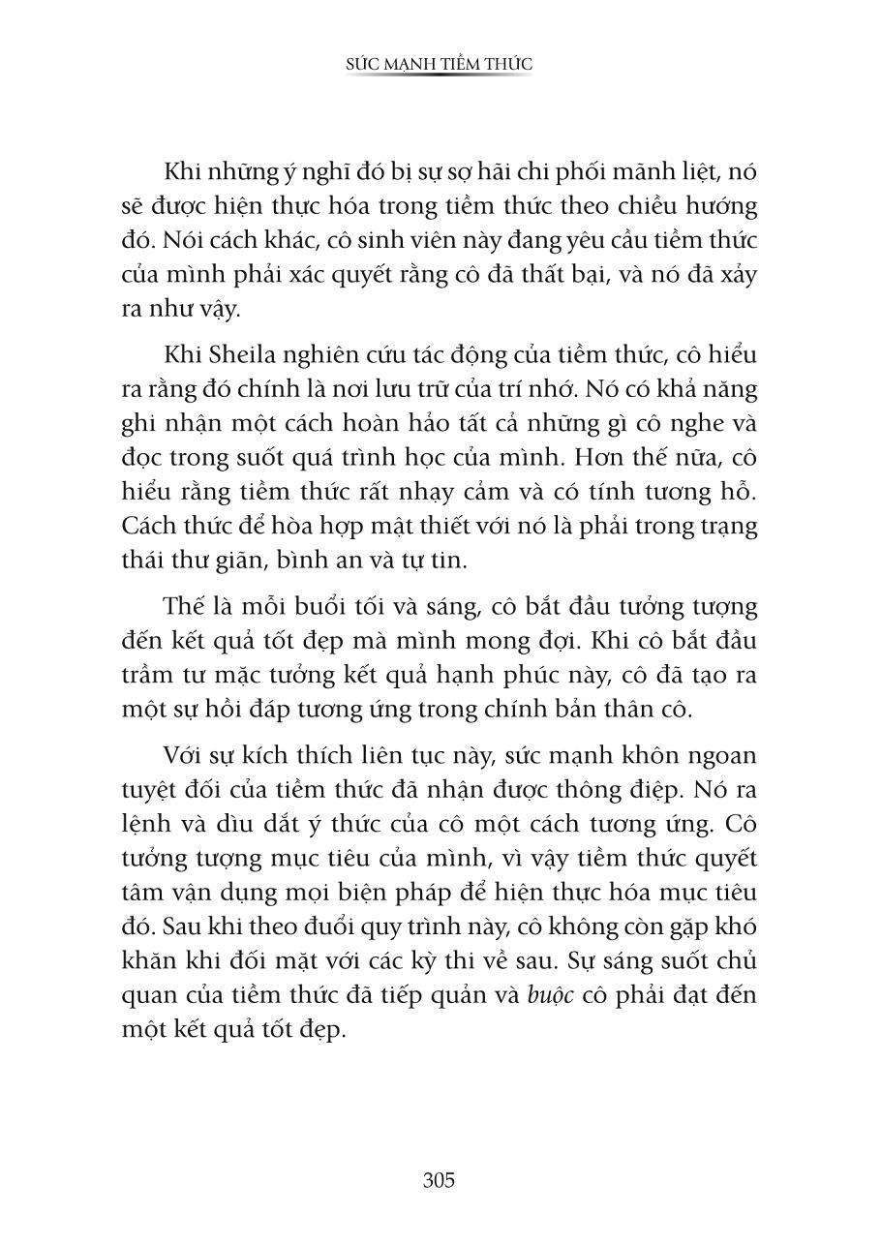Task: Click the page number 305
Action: (x=439, y=1180)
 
